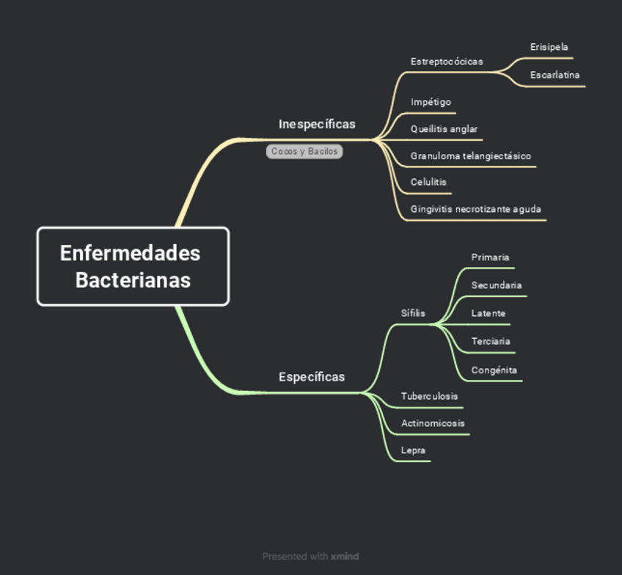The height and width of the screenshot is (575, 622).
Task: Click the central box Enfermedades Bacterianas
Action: click(x=133, y=266)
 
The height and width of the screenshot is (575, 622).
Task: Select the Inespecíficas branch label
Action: click(x=317, y=124)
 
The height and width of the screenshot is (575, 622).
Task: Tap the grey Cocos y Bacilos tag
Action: click(x=304, y=151)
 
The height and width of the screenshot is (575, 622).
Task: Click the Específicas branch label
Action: click(x=312, y=377)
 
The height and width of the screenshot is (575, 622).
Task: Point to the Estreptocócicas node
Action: click(x=447, y=62)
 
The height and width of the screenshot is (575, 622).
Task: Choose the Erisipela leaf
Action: click(x=549, y=47)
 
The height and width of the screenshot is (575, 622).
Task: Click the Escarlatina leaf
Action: click(x=555, y=75)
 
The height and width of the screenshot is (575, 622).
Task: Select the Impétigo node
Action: click(x=431, y=102)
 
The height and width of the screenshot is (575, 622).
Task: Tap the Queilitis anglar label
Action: click(x=444, y=129)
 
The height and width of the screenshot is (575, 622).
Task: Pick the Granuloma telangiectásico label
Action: click(x=471, y=156)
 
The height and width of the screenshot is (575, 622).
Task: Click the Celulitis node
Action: click(x=428, y=182)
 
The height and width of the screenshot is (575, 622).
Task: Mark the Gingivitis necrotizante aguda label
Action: click(x=476, y=209)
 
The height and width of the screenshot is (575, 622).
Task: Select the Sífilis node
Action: click(x=413, y=313)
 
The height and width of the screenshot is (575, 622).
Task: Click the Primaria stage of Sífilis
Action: click(x=490, y=257)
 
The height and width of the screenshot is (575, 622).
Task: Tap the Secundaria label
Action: click(x=497, y=285)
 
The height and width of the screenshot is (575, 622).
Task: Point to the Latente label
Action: click(x=489, y=313)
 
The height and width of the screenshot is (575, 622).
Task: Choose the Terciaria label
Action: click(x=491, y=341)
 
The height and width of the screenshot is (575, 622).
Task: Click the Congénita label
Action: click(x=494, y=370)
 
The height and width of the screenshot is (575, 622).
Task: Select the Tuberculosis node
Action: click(x=429, y=396)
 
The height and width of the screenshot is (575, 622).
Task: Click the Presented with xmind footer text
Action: click(x=311, y=557)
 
